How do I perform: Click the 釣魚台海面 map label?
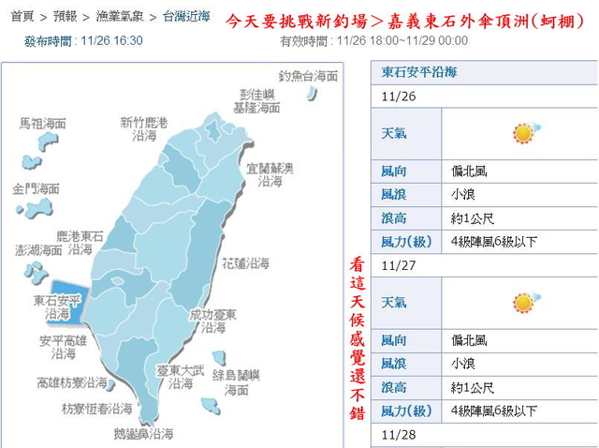[x=308, y=76]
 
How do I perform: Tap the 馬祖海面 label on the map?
[x=43, y=124]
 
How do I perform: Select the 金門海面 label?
[x=36, y=188]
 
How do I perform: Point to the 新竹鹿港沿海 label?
[x=144, y=129]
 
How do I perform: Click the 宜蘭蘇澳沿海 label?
[x=270, y=175]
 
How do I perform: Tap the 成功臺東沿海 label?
[x=207, y=321]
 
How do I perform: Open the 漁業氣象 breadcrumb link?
[x=120, y=17]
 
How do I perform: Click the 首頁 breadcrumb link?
[x=22, y=17]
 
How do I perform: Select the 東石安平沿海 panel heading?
[x=420, y=72]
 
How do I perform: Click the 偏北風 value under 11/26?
[x=468, y=172]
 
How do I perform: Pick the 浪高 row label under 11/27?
[x=393, y=386]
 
